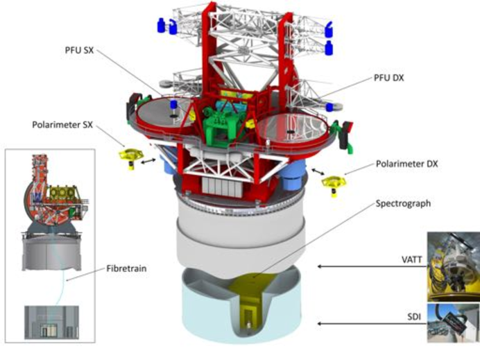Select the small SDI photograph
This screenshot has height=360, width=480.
(453, 323)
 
